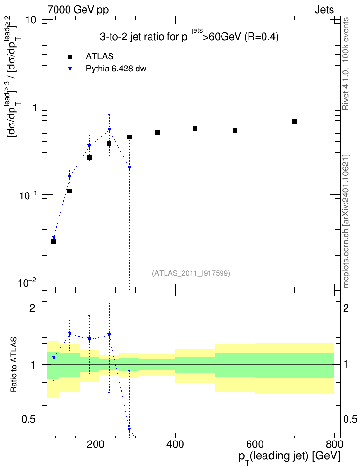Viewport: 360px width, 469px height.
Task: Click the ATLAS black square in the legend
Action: point(70,57)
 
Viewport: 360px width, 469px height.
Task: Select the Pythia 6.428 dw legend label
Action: point(116,69)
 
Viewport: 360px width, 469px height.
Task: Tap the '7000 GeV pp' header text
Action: point(78,10)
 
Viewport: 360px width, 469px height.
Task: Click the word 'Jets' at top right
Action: point(324,10)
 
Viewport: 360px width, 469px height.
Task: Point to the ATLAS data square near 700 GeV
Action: point(294,122)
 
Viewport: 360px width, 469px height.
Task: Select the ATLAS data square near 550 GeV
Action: point(235,130)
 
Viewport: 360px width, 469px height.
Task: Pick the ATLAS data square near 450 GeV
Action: point(195,129)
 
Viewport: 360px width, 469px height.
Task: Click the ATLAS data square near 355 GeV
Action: point(157,132)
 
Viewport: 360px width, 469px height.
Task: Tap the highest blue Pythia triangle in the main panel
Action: point(109,130)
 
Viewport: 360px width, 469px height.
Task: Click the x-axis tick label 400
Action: point(175,444)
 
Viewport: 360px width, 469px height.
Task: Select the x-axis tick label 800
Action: point(334,444)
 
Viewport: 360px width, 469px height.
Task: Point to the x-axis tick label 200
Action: point(96,444)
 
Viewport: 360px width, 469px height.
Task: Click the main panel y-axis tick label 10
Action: point(30,20)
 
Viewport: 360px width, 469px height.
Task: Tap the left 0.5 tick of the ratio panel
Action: point(28,420)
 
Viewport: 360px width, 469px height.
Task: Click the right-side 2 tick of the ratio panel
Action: point(346,308)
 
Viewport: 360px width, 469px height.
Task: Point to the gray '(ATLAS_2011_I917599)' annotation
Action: point(191,273)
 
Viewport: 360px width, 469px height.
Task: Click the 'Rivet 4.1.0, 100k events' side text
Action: point(346,64)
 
